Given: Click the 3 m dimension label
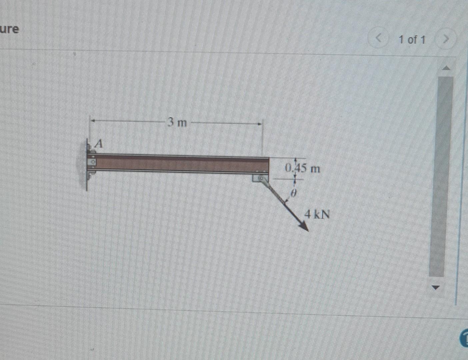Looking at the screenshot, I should tap(177, 123).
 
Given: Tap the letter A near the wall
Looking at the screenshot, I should tap(99, 144).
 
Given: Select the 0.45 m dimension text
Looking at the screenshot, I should tap(302, 168).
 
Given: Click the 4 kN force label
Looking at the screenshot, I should tap(318, 214).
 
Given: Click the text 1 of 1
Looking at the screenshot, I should tap(412, 40).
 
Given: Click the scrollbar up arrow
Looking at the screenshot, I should tap(446, 68).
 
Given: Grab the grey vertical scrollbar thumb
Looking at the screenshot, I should tap(441, 177).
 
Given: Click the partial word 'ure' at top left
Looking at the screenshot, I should tap(9, 29).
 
